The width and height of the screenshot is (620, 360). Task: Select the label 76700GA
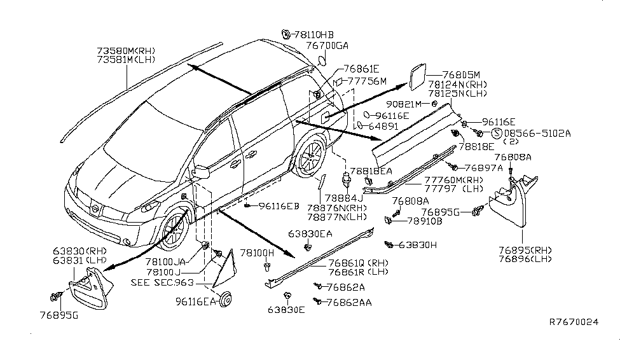327,46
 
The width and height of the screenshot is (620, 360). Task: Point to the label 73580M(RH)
126,51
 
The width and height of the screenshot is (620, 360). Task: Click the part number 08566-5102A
537,134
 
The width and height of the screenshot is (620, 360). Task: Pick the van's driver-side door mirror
202,171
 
